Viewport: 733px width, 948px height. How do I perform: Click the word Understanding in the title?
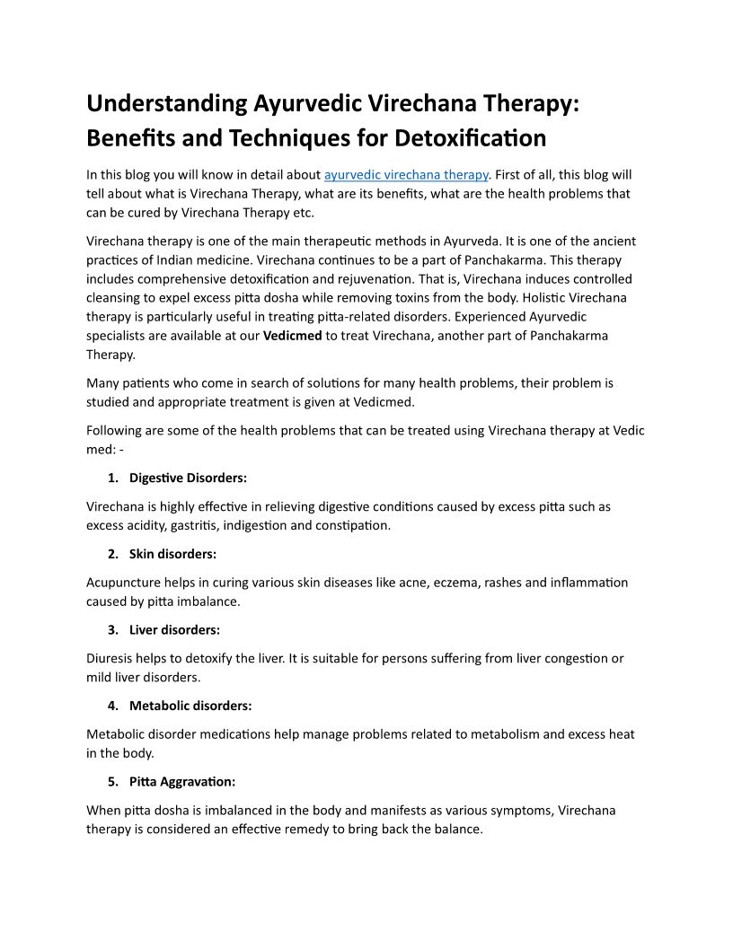167,103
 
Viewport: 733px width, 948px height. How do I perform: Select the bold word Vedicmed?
292,336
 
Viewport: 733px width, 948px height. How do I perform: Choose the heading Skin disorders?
172,554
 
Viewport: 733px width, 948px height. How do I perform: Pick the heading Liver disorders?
174,629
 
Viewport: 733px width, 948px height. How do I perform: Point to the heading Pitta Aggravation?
182,781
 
